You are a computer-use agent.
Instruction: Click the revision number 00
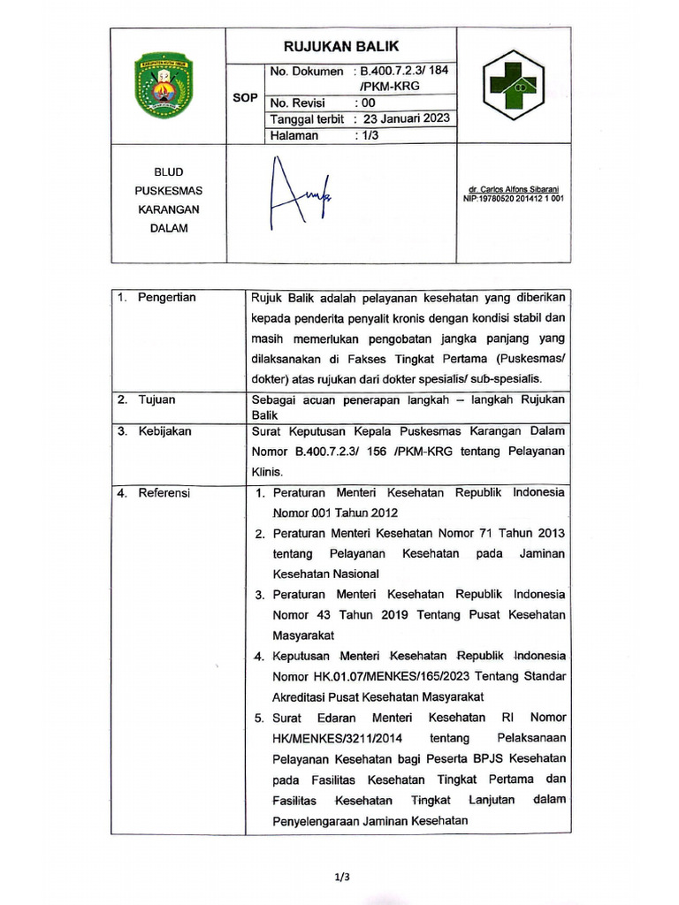pos(367,103)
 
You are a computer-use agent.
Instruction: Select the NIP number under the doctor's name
pos(514,199)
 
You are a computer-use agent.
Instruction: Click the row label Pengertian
pos(167,298)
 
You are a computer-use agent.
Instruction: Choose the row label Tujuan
pos(156,399)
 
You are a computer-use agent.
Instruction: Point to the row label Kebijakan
pos(164,431)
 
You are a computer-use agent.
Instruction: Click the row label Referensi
pos(164,492)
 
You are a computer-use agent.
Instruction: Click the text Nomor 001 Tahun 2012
pos(335,513)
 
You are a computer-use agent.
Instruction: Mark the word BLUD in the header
pos(168,172)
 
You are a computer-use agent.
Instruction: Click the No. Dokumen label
pos(307,71)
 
